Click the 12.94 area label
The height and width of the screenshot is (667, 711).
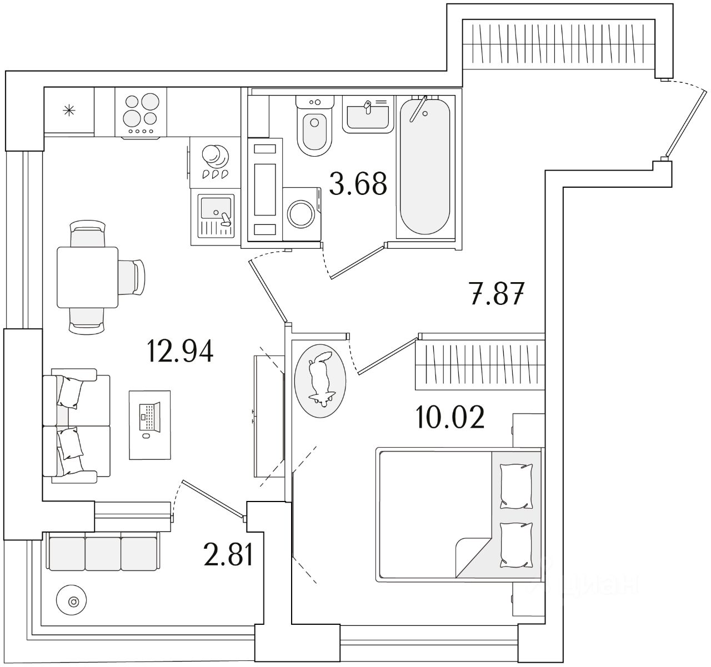[179, 351]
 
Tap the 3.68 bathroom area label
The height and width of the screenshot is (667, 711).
[357, 184]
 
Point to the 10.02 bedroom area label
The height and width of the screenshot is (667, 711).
[450, 418]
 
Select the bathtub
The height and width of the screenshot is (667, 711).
[425, 167]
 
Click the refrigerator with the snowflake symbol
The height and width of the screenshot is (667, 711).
[69, 110]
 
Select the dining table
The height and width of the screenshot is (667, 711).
[87, 278]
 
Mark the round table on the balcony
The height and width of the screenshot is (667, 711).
[73, 601]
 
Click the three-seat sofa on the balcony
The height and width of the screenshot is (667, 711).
[103, 552]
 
